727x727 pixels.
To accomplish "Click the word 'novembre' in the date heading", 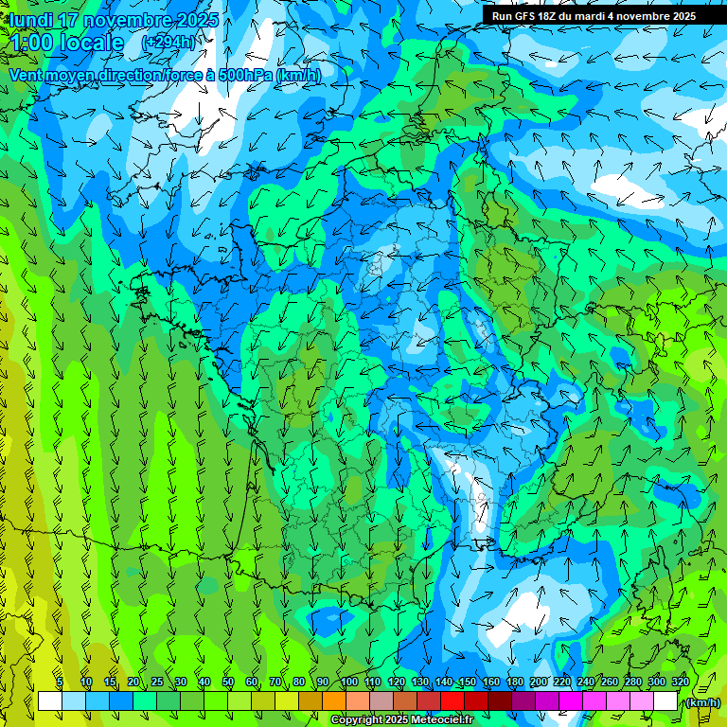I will coord(123,20).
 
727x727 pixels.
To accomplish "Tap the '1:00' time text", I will coord(33,43).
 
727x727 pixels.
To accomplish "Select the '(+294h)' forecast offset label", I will coord(168,43).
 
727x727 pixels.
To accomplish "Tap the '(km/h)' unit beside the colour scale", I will coord(701,701).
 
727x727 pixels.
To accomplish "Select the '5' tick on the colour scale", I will coord(60,682).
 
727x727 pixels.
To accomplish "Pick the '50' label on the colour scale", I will coord(227,682).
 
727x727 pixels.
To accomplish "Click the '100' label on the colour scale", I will coord(348,682).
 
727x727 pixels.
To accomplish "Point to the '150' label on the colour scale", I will coord(468,682).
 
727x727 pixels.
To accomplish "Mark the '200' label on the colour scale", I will coord(539,682).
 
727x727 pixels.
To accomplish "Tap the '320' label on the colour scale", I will coord(680,682).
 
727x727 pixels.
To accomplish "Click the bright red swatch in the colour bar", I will coord(452,701).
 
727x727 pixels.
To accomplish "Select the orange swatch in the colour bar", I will coord(334,701).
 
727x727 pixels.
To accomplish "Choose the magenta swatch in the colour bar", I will coord(571,701).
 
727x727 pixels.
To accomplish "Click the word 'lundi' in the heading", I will coord(31,20).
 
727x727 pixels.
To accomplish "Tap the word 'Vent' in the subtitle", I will coord(26,76).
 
